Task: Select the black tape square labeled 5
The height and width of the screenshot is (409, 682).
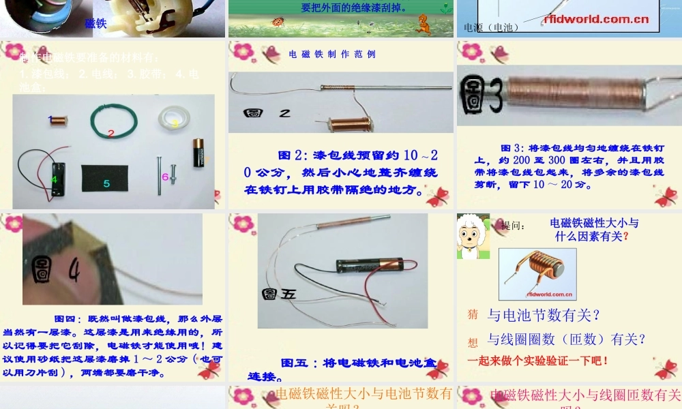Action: tap(106, 177)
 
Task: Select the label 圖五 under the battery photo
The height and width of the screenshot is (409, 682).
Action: tap(279, 294)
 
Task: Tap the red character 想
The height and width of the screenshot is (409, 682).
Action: tap(473, 342)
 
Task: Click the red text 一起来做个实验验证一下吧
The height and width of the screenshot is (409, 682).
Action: tap(537, 360)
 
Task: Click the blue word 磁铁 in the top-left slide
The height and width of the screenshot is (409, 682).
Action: tap(95, 23)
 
